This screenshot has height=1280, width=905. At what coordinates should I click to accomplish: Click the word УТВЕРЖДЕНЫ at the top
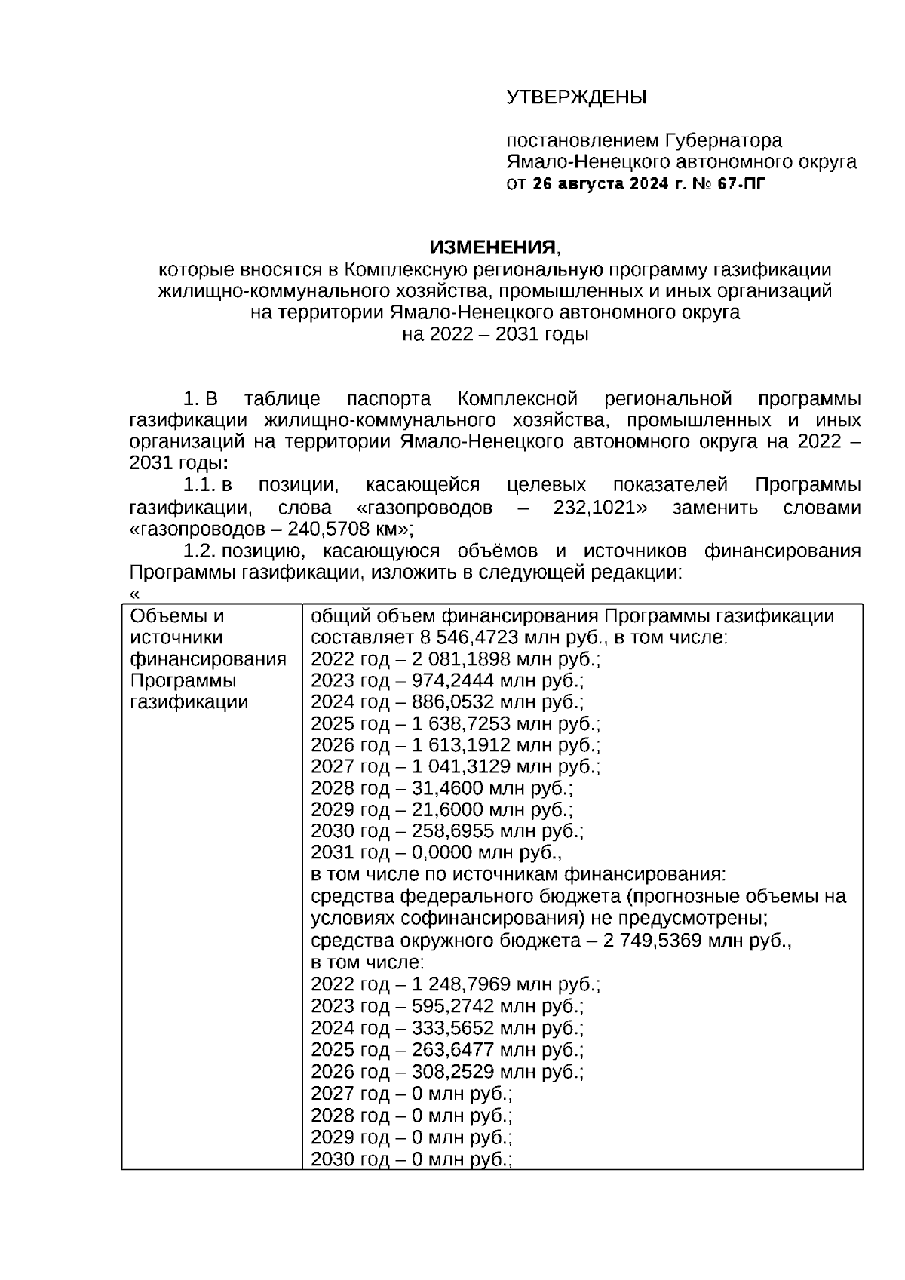pyautogui.click(x=576, y=97)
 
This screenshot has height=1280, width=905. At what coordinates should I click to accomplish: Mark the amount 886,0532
pyautogui.click(x=450, y=702)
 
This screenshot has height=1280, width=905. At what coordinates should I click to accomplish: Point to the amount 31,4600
pyautogui.click(x=445, y=788)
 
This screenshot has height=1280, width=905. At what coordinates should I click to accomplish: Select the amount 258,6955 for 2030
pyautogui.click(x=450, y=831)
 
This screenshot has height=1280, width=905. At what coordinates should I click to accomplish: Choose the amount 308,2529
pyautogui.click(x=450, y=1072)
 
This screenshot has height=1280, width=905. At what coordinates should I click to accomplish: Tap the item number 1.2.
pyautogui.click(x=199, y=551)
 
